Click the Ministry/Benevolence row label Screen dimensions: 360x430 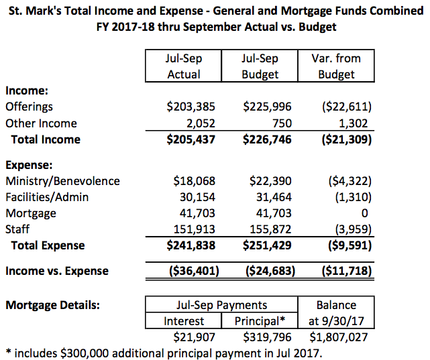coord(62,181)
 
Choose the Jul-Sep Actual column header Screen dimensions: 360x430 coord(184,66)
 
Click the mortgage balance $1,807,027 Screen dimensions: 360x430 coord(339,337)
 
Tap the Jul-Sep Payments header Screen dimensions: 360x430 coord(221,306)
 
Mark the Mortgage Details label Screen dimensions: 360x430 coord(53,306)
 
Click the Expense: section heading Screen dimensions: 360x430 coord(29,165)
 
